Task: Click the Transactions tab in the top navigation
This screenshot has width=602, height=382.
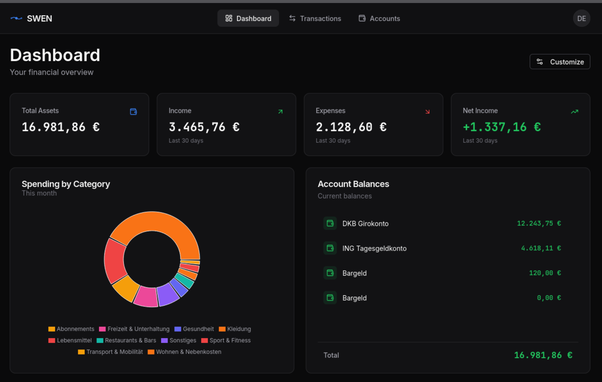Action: point(315,19)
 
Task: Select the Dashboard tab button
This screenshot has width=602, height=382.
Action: point(248,19)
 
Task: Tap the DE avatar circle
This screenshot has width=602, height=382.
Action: point(581,19)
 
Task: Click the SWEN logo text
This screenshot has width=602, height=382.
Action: point(39,19)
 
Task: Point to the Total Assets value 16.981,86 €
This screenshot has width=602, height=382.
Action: point(61,127)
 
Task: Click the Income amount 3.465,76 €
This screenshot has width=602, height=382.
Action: point(204,127)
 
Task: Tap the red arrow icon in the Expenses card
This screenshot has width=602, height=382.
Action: point(427,112)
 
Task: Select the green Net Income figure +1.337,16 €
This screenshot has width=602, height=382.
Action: point(502,127)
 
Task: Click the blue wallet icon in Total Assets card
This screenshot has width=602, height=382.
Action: point(133,112)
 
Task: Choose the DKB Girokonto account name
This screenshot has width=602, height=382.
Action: point(365,224)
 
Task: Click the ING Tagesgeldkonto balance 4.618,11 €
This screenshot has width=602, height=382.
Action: point(541,248)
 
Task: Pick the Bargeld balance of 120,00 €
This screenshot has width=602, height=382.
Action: point(545,273)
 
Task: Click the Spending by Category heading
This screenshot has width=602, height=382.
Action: point(66,184)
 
